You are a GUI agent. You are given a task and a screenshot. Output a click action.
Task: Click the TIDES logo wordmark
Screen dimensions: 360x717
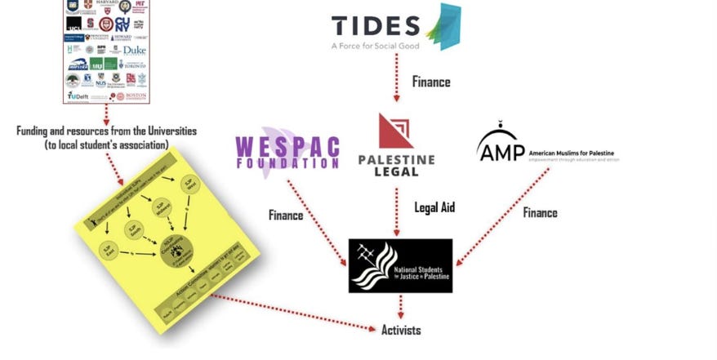[x=376, y=25]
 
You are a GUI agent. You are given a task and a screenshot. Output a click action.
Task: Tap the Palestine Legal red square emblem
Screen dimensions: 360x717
[x=397, y=131]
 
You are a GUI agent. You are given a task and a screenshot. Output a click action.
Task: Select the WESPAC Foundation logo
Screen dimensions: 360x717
[x=287, y=152]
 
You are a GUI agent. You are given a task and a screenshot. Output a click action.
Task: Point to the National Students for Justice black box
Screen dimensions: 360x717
[x=400, y=265]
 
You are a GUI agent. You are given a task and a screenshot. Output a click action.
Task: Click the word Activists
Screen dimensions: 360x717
[x=401, y=330]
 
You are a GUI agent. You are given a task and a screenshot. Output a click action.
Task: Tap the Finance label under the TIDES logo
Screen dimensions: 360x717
[x=431, y=82]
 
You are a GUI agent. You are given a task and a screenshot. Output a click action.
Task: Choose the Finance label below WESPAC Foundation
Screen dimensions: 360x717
[x=287, y=215]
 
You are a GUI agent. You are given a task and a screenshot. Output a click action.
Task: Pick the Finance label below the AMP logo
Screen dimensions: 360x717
[x=541, y=212]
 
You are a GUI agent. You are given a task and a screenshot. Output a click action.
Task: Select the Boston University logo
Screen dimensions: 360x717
[x=131, y=96]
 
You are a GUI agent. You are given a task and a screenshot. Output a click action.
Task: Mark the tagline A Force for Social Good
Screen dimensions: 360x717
[x=376, y=46]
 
